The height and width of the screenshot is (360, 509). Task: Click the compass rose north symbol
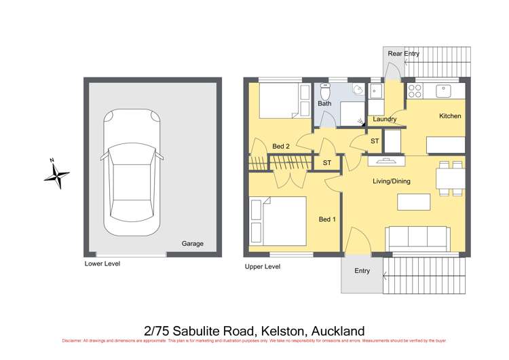pos(57,174)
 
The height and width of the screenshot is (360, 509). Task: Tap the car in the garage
pos(132,173)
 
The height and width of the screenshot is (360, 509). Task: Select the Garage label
pos(192,244)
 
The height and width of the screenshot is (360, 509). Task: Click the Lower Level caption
pos(102,263)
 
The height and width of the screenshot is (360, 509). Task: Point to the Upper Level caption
pos(262,267)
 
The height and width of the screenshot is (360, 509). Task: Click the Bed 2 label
pos(282,147)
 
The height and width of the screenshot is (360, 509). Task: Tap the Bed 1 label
pos(327,219)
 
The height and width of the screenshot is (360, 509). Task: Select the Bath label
pos(324,104)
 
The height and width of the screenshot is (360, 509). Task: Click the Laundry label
pos(385,120)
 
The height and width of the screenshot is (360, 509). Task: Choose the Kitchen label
pos(450,116)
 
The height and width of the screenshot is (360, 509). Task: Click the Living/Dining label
pos(392,181)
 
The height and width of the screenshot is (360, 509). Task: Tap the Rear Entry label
pos(403,54)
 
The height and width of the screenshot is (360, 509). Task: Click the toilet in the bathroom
pos(324,90)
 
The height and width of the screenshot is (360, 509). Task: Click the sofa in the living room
pos(417,238)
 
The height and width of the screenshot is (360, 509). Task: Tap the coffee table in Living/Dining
pos(413,202)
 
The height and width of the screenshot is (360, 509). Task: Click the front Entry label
pos(362,271)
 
